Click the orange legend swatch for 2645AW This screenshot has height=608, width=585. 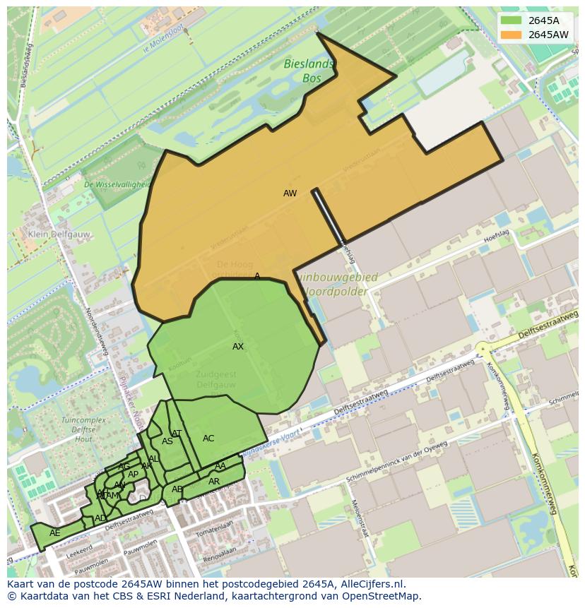pyautogui.click(x=512, y=35)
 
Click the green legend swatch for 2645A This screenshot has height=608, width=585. pyautogui.click(x=512, y=20)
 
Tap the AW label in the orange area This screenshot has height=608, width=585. pyautogui.click(x=290, y=193)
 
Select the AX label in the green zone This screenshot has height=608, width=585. pyautogui.click(x=238, y=347)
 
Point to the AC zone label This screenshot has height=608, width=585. pyautogui.click(x=208, y=439)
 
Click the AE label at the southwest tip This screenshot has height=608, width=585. pyautogui.click(x=54, y=533)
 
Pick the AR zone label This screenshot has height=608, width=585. pyautogui.click(x=214, y=482)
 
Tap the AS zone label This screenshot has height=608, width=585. pyautogui.click(x=167, y=441)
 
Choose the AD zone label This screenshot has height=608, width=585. pyautogui.click(x=100, y=518)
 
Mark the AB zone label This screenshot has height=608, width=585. pyautogui.click(x=177, y=489)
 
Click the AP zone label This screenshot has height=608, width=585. pyautogui.click(x=133, y=475)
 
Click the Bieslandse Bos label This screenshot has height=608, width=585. pyautogui.click(x=308, y=71)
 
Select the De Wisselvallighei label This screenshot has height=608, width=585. pyautogui.click(x=117, y=184)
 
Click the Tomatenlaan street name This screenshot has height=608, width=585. pyautogui.click(x=214, y=527)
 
